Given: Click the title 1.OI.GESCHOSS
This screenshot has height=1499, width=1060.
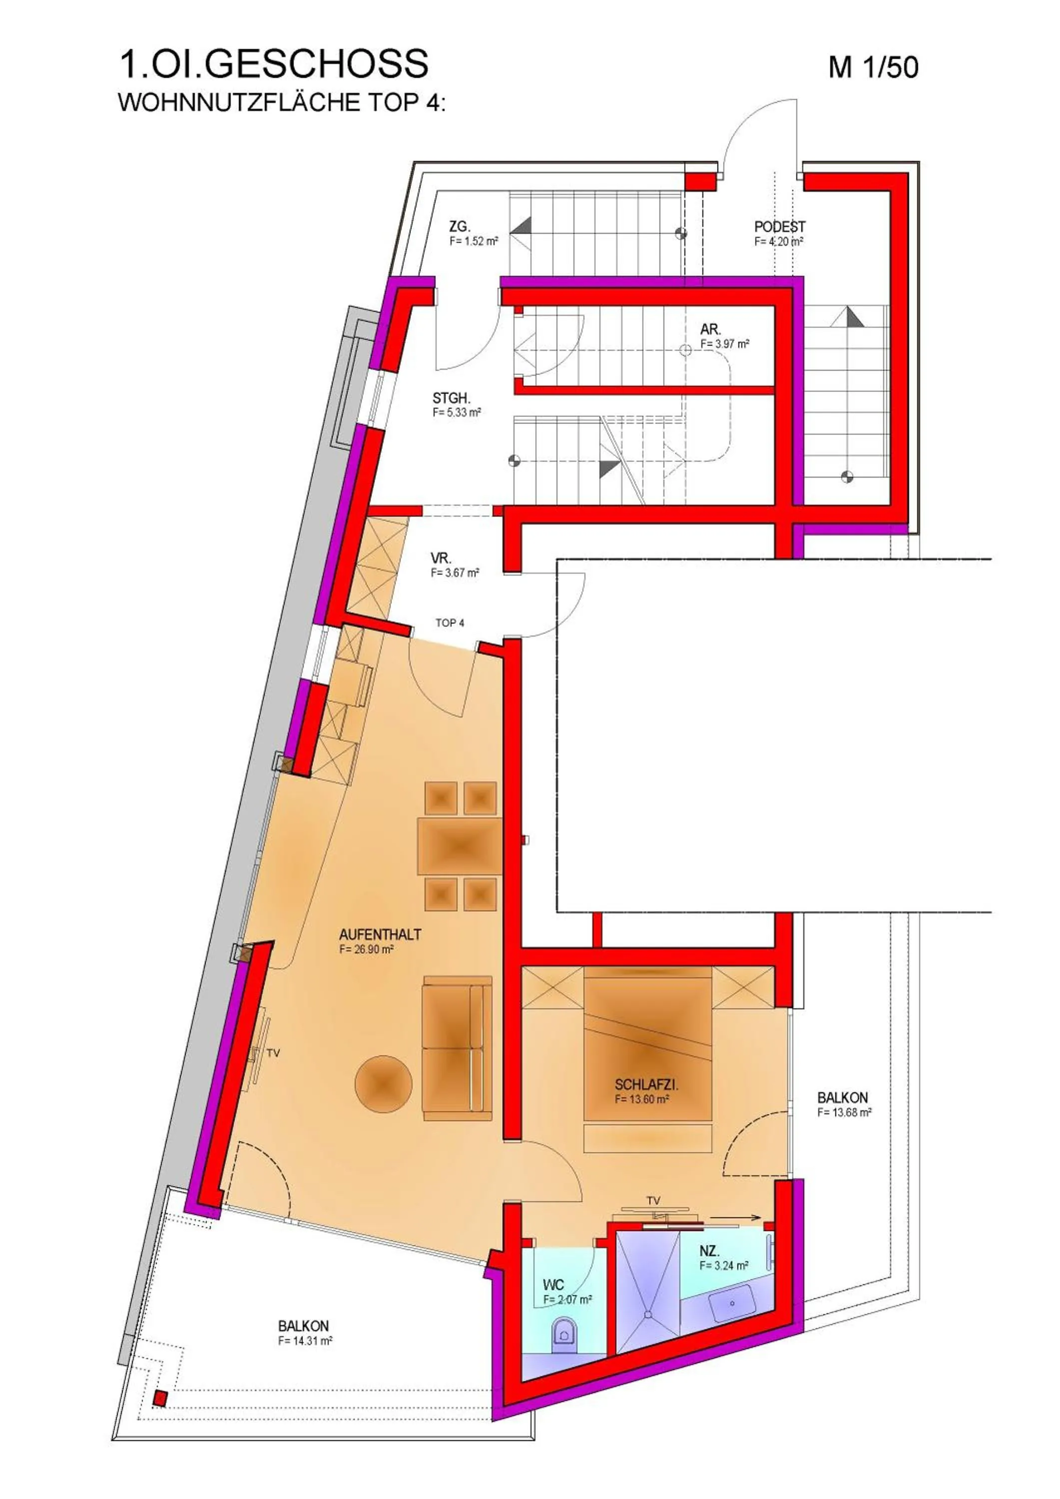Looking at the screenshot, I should pyautogui.click(x=273, y=64).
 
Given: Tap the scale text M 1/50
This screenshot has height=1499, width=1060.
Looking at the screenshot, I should pyautogui.click(x=873, y=68).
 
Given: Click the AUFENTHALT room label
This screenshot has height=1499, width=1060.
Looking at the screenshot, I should pyautogui.click(x=380, y=935).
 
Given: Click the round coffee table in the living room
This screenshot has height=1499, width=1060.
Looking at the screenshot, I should pyautogui.click(x=383, y=1084).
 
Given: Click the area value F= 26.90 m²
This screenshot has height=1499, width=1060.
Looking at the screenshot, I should pyautogui.click(x=366, y=950).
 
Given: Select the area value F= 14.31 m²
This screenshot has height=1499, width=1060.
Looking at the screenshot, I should pyautogui.click(x=305, y=1341).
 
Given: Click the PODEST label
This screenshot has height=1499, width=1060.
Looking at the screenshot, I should pyautogui.click(x=779, y=226).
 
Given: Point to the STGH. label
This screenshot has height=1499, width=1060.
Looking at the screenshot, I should pyautogui.click(x=451, y=398).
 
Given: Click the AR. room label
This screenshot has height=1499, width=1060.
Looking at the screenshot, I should pyautogui.click(x=710, y=330).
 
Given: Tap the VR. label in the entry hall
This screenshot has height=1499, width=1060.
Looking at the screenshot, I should pyautogui.click(x=441, y=558).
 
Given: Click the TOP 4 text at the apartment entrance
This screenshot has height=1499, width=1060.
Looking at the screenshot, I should pyautogui.click(x=450, y=623).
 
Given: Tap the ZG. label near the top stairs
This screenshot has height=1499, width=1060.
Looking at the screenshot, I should pyautogui.click(x=459, y=226).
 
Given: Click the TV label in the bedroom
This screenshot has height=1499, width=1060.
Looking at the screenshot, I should pyautogui.click(x=653, y=1201).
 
